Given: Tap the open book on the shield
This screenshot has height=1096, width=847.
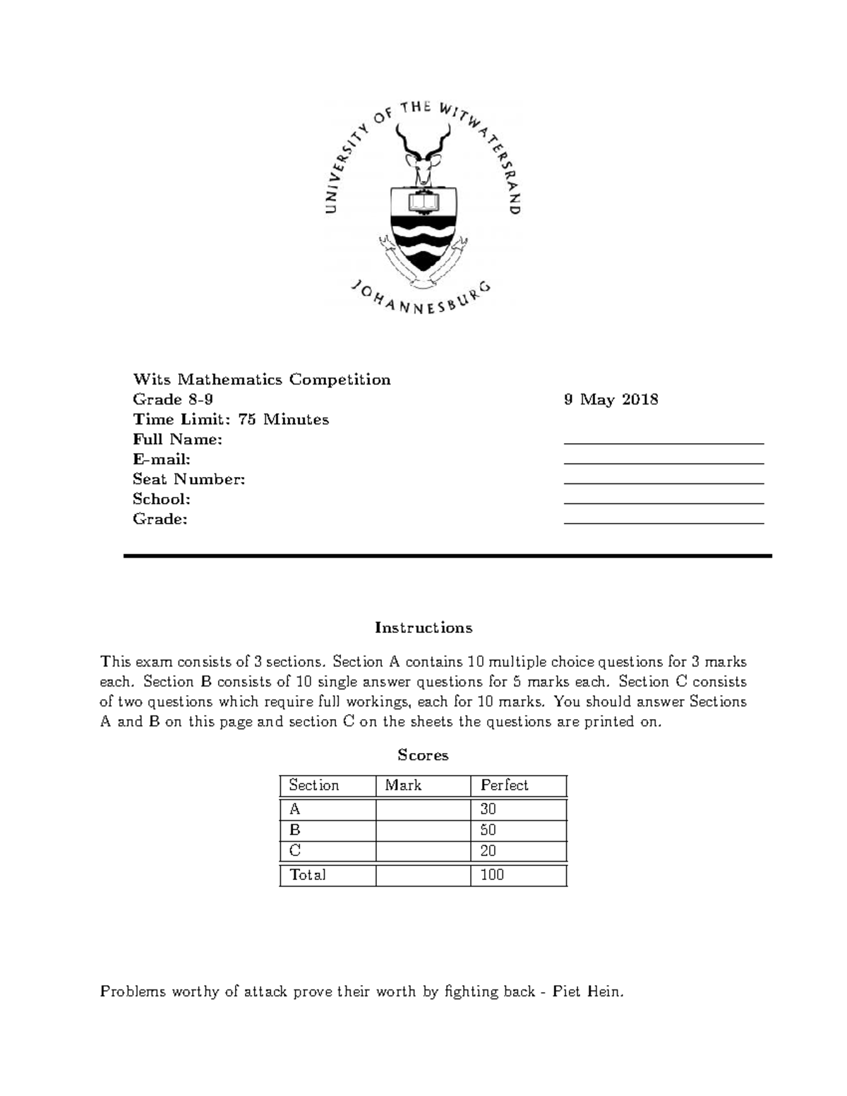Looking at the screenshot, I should [x=423, y=205].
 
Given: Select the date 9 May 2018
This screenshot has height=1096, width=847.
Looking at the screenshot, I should [x=611, y=399].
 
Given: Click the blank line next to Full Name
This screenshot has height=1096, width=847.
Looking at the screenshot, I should [x=663, y=441].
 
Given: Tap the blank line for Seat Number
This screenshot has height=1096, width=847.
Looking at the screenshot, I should [x=663, y=481].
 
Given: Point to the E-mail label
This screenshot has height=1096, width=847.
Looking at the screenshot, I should [x=162, y=459].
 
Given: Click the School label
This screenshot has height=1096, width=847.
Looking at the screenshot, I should [x=162, y=499].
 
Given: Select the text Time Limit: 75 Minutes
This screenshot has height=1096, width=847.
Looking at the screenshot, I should [x=231, y=419].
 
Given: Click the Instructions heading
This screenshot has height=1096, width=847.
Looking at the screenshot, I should [x=423, y=627].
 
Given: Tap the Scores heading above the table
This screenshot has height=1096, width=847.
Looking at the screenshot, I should [x=423, y=755].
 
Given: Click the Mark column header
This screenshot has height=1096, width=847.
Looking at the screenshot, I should [x=403, y=785].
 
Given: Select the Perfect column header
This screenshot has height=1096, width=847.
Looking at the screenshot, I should [x=504, y=785].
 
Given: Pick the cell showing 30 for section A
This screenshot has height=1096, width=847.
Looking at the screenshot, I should [x=488, y=809].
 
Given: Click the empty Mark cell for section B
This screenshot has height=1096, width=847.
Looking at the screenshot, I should [x=423, y=831].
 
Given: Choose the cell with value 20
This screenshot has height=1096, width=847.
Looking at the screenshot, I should [x=488, y=851].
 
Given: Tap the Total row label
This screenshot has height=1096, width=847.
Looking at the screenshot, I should [x=308, y=875].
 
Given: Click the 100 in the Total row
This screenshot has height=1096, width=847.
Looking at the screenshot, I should [x=492, y=875].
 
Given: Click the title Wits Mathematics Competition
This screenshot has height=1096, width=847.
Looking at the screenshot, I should [x=262, y=380].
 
